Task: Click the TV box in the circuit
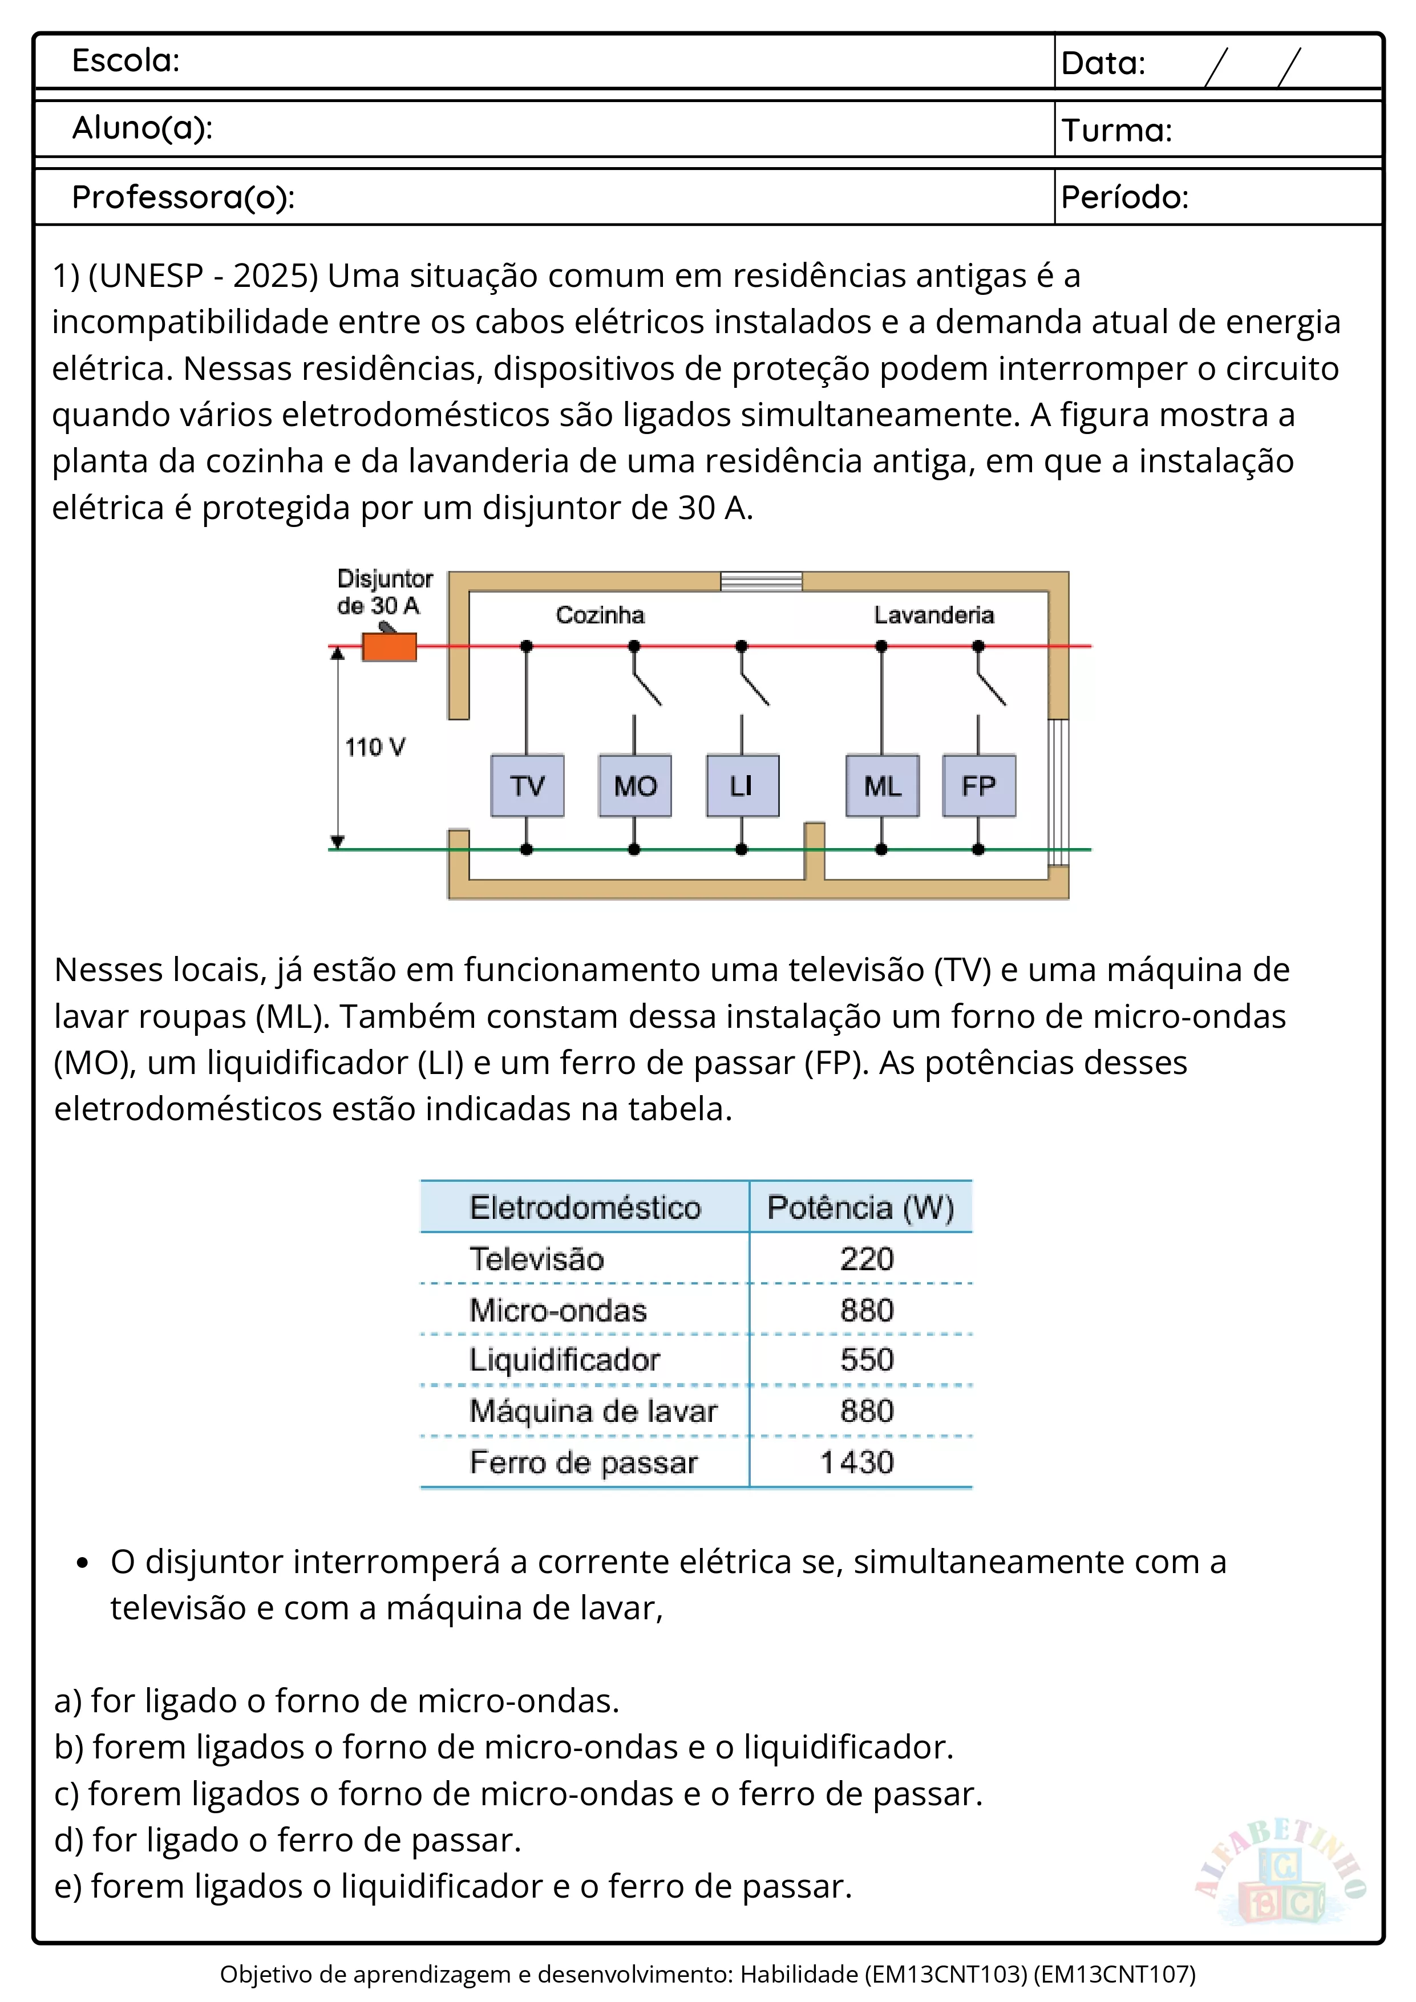(527, 785)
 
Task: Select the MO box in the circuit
(635, 785)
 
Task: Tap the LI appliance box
(742, 785)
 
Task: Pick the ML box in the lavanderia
(883, 785)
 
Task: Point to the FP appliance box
(978, 785)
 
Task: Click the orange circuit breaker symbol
(389, 647)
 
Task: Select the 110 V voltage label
(375, 747)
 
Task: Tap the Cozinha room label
(600, 615)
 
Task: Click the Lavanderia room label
(934, 615)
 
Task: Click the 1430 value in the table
(857, 1462)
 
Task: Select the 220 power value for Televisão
(867, 1259)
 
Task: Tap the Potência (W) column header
(860, 1207)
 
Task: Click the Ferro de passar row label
(583, 1462)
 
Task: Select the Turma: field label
(1116, 130)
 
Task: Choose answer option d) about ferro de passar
(288, 1840)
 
